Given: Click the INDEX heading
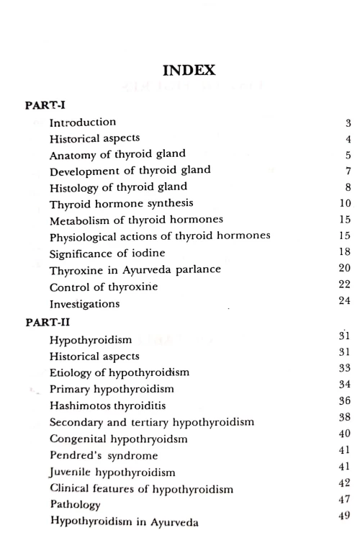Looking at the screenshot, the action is (x=189, y=71).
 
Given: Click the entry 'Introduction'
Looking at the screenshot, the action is (x=83, y=122).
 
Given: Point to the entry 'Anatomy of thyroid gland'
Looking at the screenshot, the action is (x=117, y=154).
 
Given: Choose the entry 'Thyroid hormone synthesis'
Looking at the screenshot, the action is (x=121, y=204).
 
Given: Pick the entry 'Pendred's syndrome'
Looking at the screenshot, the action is (x=104, y=456).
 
